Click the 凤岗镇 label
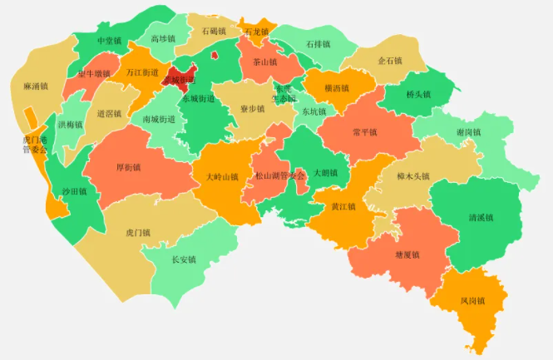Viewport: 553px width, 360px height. (472, 301)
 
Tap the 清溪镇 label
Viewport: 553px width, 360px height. (481, 218)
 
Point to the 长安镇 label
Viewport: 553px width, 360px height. (183, 259)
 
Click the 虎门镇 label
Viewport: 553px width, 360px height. (138, 233)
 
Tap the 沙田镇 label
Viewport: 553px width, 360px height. (74, 191)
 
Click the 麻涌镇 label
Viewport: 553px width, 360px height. (36, 86)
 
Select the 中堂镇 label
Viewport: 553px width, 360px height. (109, 41)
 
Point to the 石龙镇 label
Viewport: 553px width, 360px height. (257, 32)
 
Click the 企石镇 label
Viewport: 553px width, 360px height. (390, 62)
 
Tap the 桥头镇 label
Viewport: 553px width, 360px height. (418, 95)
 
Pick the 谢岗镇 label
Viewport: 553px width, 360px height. (469, 132)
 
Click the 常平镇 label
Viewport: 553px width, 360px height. (365, 132)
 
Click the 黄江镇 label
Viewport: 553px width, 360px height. (343, 207)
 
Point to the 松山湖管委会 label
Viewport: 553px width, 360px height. (281, 176)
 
